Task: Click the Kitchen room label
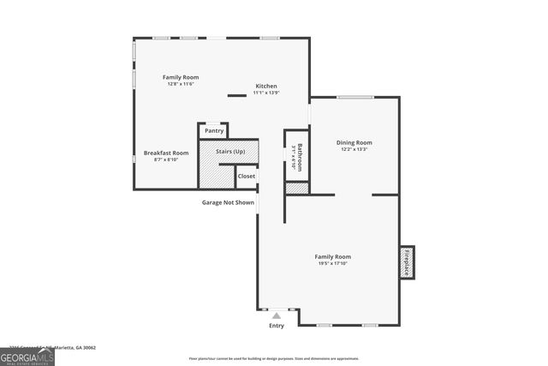266,86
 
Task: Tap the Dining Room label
354,142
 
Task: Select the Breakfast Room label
166,153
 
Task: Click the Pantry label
214,130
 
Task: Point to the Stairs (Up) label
230,152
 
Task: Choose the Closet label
247,176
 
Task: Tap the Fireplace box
408,261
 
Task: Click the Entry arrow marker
277,315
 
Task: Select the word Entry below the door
277,326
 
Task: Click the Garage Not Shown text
228,202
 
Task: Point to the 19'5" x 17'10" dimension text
332,264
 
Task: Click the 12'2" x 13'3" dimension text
354,149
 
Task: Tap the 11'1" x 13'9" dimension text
266,93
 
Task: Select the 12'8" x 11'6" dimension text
180,84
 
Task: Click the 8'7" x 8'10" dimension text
166,159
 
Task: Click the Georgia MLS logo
27,355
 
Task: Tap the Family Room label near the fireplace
332,256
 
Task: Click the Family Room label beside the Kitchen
180,77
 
